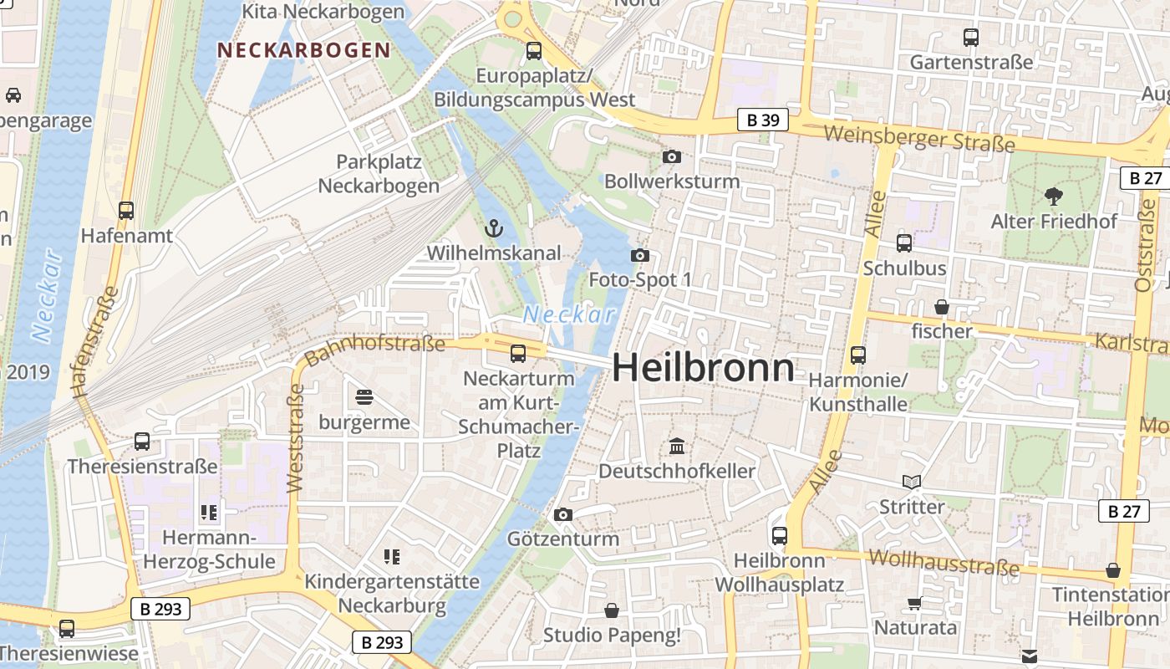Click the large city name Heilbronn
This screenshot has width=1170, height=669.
[704, 368]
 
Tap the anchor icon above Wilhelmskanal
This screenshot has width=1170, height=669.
[494, 227]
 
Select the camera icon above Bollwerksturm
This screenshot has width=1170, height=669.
[671, 156]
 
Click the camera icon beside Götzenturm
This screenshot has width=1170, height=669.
[563, 514]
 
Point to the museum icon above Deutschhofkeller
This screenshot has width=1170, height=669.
[677, 447]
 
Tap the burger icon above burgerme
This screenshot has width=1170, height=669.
[364, 396]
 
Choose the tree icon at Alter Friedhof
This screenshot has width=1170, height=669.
[1053, 197]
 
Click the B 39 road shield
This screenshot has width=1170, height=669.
[763, 120]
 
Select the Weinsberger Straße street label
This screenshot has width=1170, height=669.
[918, 139]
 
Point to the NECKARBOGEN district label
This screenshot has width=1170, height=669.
[304, 50]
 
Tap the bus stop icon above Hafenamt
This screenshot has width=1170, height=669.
[126, 211]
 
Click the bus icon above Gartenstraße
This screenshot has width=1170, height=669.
[971, 38]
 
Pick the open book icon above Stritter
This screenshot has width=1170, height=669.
[912, 482]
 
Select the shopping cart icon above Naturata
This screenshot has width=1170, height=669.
[915, 603]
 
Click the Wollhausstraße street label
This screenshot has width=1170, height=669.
[944, 563]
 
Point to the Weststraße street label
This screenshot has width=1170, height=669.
[294, 438]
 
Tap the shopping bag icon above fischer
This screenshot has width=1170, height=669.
[942, 307]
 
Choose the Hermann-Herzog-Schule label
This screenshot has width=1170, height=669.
[209, 549]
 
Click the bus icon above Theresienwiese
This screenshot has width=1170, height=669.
[67, 628]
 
